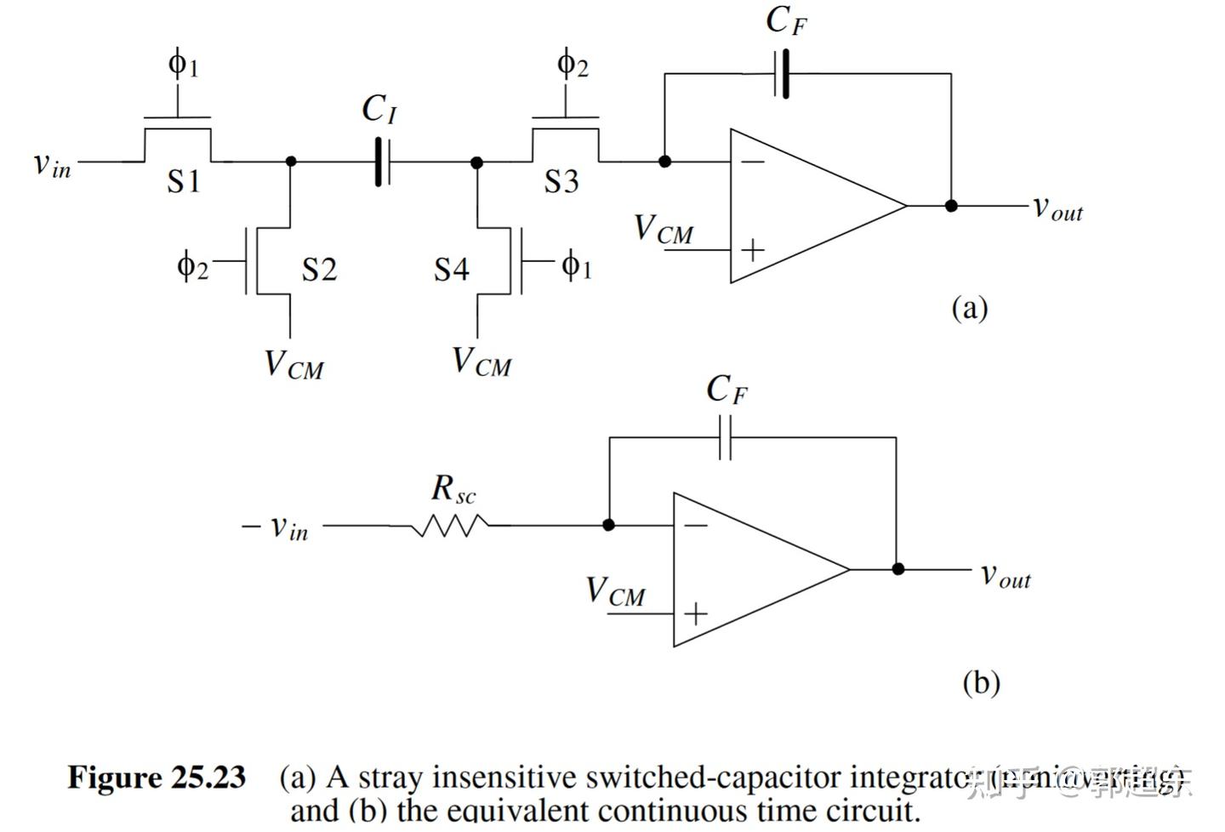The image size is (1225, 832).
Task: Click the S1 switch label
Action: click(183, 180)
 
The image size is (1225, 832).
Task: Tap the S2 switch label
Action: click(319, 269)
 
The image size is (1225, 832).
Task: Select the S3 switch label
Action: click(561, 180)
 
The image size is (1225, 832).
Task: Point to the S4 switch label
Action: click(451, 269)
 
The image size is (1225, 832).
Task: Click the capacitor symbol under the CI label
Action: click(382, 161)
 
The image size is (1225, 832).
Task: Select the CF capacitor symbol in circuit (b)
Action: click(725, 437)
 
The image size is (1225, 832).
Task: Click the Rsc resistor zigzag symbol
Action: click(449, 527)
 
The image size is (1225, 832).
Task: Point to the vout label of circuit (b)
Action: click(1006, 575)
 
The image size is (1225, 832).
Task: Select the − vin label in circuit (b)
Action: click(275, 527)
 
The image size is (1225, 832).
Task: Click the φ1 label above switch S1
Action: click(183, 64)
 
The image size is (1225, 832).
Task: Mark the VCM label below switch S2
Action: click(293, 364)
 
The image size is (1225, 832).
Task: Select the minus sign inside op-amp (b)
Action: click(696, 526)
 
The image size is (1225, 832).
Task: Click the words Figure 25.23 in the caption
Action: click(157, 778)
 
